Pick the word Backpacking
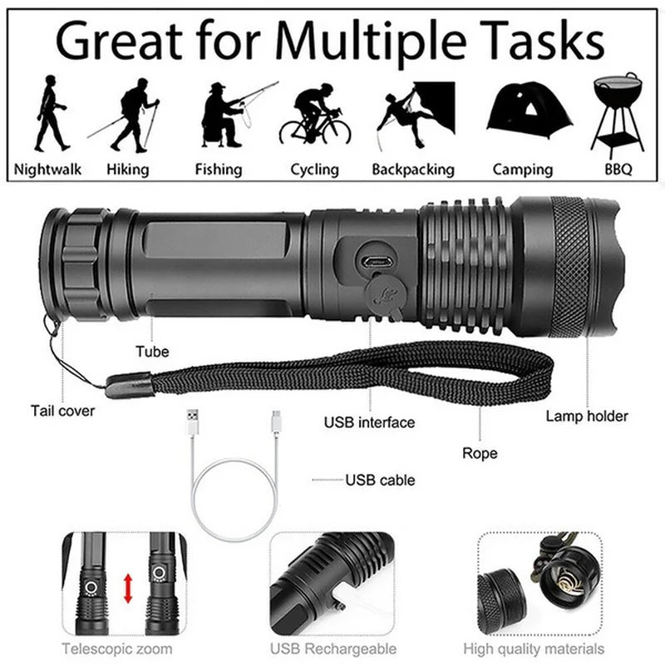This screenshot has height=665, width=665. (413, 170)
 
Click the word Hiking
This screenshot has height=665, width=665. (128, 170)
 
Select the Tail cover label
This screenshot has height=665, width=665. (63, 410)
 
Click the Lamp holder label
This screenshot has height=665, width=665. (587, 416)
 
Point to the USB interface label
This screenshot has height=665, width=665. (369, 422)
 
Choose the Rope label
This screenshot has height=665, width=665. (480, 453)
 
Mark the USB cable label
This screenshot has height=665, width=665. (380, 480)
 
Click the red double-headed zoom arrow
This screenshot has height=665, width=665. (128, 588)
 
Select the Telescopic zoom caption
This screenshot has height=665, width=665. (117, 648)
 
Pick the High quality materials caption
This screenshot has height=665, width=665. (545, 648)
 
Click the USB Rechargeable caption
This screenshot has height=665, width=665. (332, 648)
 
